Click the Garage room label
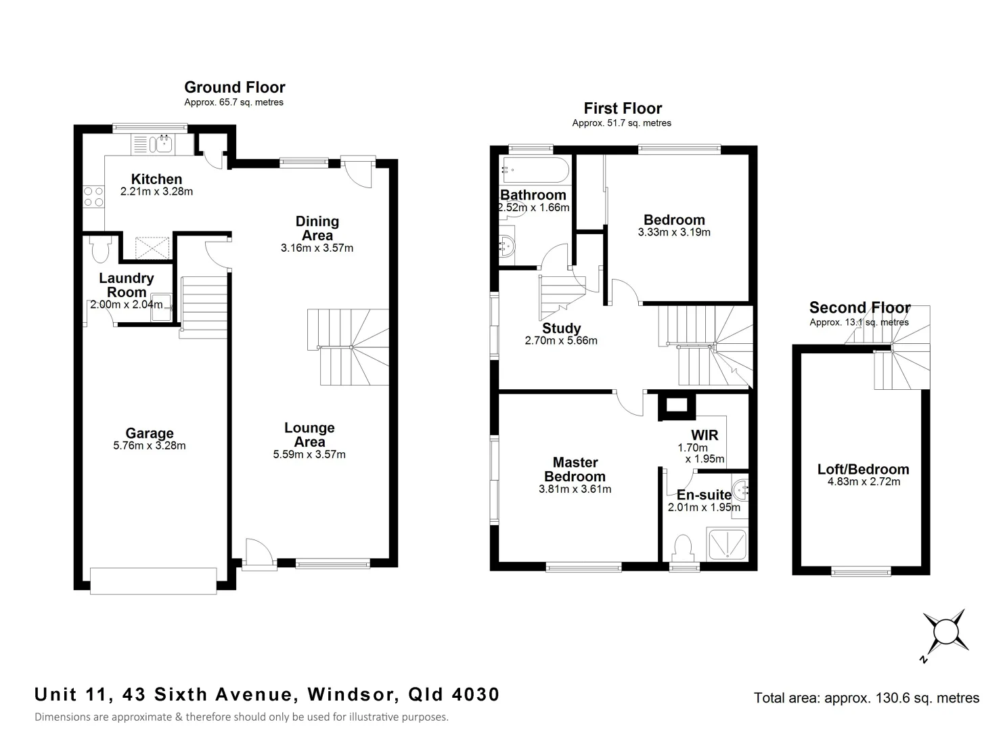(150, 433)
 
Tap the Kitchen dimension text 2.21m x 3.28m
(156, 192)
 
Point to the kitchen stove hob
(93, 197)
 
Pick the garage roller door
(154, 581)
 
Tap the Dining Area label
(317, 228)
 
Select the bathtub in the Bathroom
(535, 170)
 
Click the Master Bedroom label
(575, 469)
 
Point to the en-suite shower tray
(727, 545)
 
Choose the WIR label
(704, 435)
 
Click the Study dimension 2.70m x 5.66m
(561, 341)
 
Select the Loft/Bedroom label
(863, 469)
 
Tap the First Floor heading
(623, 108)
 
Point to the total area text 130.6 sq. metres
(866, 698)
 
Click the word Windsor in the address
(351, 694)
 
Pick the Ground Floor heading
(234, 87)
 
